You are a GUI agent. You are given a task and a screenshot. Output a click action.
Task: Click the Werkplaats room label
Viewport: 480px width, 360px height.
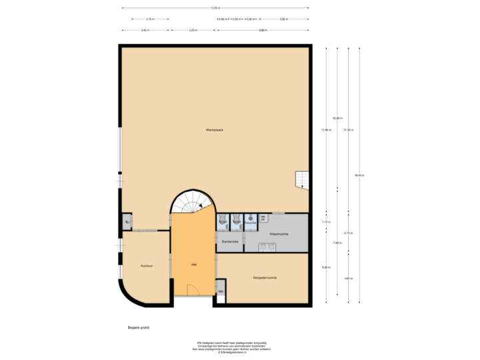[x=214, y=130]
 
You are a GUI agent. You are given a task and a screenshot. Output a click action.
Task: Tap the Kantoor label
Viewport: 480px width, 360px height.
[x=147, y=265]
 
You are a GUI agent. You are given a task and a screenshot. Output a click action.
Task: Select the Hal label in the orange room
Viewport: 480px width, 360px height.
[x=193, y=264]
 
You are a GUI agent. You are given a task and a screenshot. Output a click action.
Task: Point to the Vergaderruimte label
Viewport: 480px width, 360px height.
[x=264, y=277]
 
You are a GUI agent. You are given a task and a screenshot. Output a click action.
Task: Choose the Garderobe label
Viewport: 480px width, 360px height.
[x=229, y=241]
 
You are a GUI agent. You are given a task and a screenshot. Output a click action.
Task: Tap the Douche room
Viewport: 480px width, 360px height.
[x=250, y=222]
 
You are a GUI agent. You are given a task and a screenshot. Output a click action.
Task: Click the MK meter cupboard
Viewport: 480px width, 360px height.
[x=220, y=292]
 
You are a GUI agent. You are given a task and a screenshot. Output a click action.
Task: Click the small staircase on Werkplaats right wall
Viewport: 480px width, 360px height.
[x=303, y=179]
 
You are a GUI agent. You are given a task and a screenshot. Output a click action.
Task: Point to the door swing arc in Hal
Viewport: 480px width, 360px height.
[x=192, y=290]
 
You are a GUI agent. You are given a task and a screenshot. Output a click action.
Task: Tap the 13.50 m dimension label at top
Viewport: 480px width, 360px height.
[x=215, y=8]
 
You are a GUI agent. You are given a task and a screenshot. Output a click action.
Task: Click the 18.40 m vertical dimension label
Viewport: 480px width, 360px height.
[x=359, y=175]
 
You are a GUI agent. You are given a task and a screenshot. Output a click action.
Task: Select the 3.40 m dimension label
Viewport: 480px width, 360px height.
[x=145, y=30]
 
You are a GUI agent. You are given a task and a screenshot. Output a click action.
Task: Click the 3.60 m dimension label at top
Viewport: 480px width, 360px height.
[x=192, y=30]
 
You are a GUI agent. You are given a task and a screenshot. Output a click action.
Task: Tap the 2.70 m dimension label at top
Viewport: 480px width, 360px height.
[x=150, y=19]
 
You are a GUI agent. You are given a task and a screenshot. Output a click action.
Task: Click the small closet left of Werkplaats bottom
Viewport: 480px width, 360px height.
[x=127, y=221]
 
